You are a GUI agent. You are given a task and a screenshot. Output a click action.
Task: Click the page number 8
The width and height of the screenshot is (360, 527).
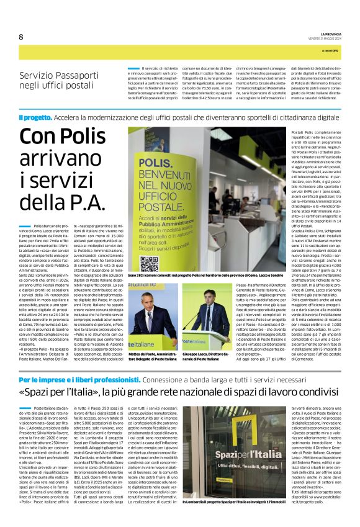[x=21, y=36]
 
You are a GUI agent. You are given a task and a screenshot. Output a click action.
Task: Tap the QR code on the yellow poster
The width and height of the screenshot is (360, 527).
[x=149, y=264]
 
